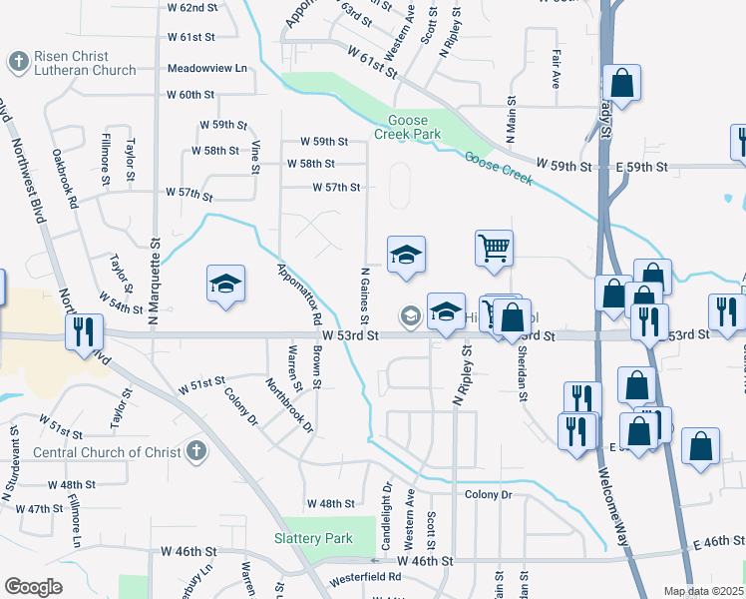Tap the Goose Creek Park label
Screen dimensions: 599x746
coord(407,126)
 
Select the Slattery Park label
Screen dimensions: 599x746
coord(313,538)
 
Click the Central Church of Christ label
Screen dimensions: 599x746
coord(108,451)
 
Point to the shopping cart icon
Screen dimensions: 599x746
coord(494,249)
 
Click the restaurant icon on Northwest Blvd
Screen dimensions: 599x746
coord(83,331)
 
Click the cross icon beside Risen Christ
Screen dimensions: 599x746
coord(17,62)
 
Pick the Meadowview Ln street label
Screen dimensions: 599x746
coord(207,69)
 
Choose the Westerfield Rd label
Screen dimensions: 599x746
coord(360,577)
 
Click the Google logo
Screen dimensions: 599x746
coord(33,586)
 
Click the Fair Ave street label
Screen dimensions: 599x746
coord(556,70)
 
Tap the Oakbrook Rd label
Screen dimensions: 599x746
coord(65,179)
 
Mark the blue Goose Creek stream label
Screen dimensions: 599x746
coord(500,170)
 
